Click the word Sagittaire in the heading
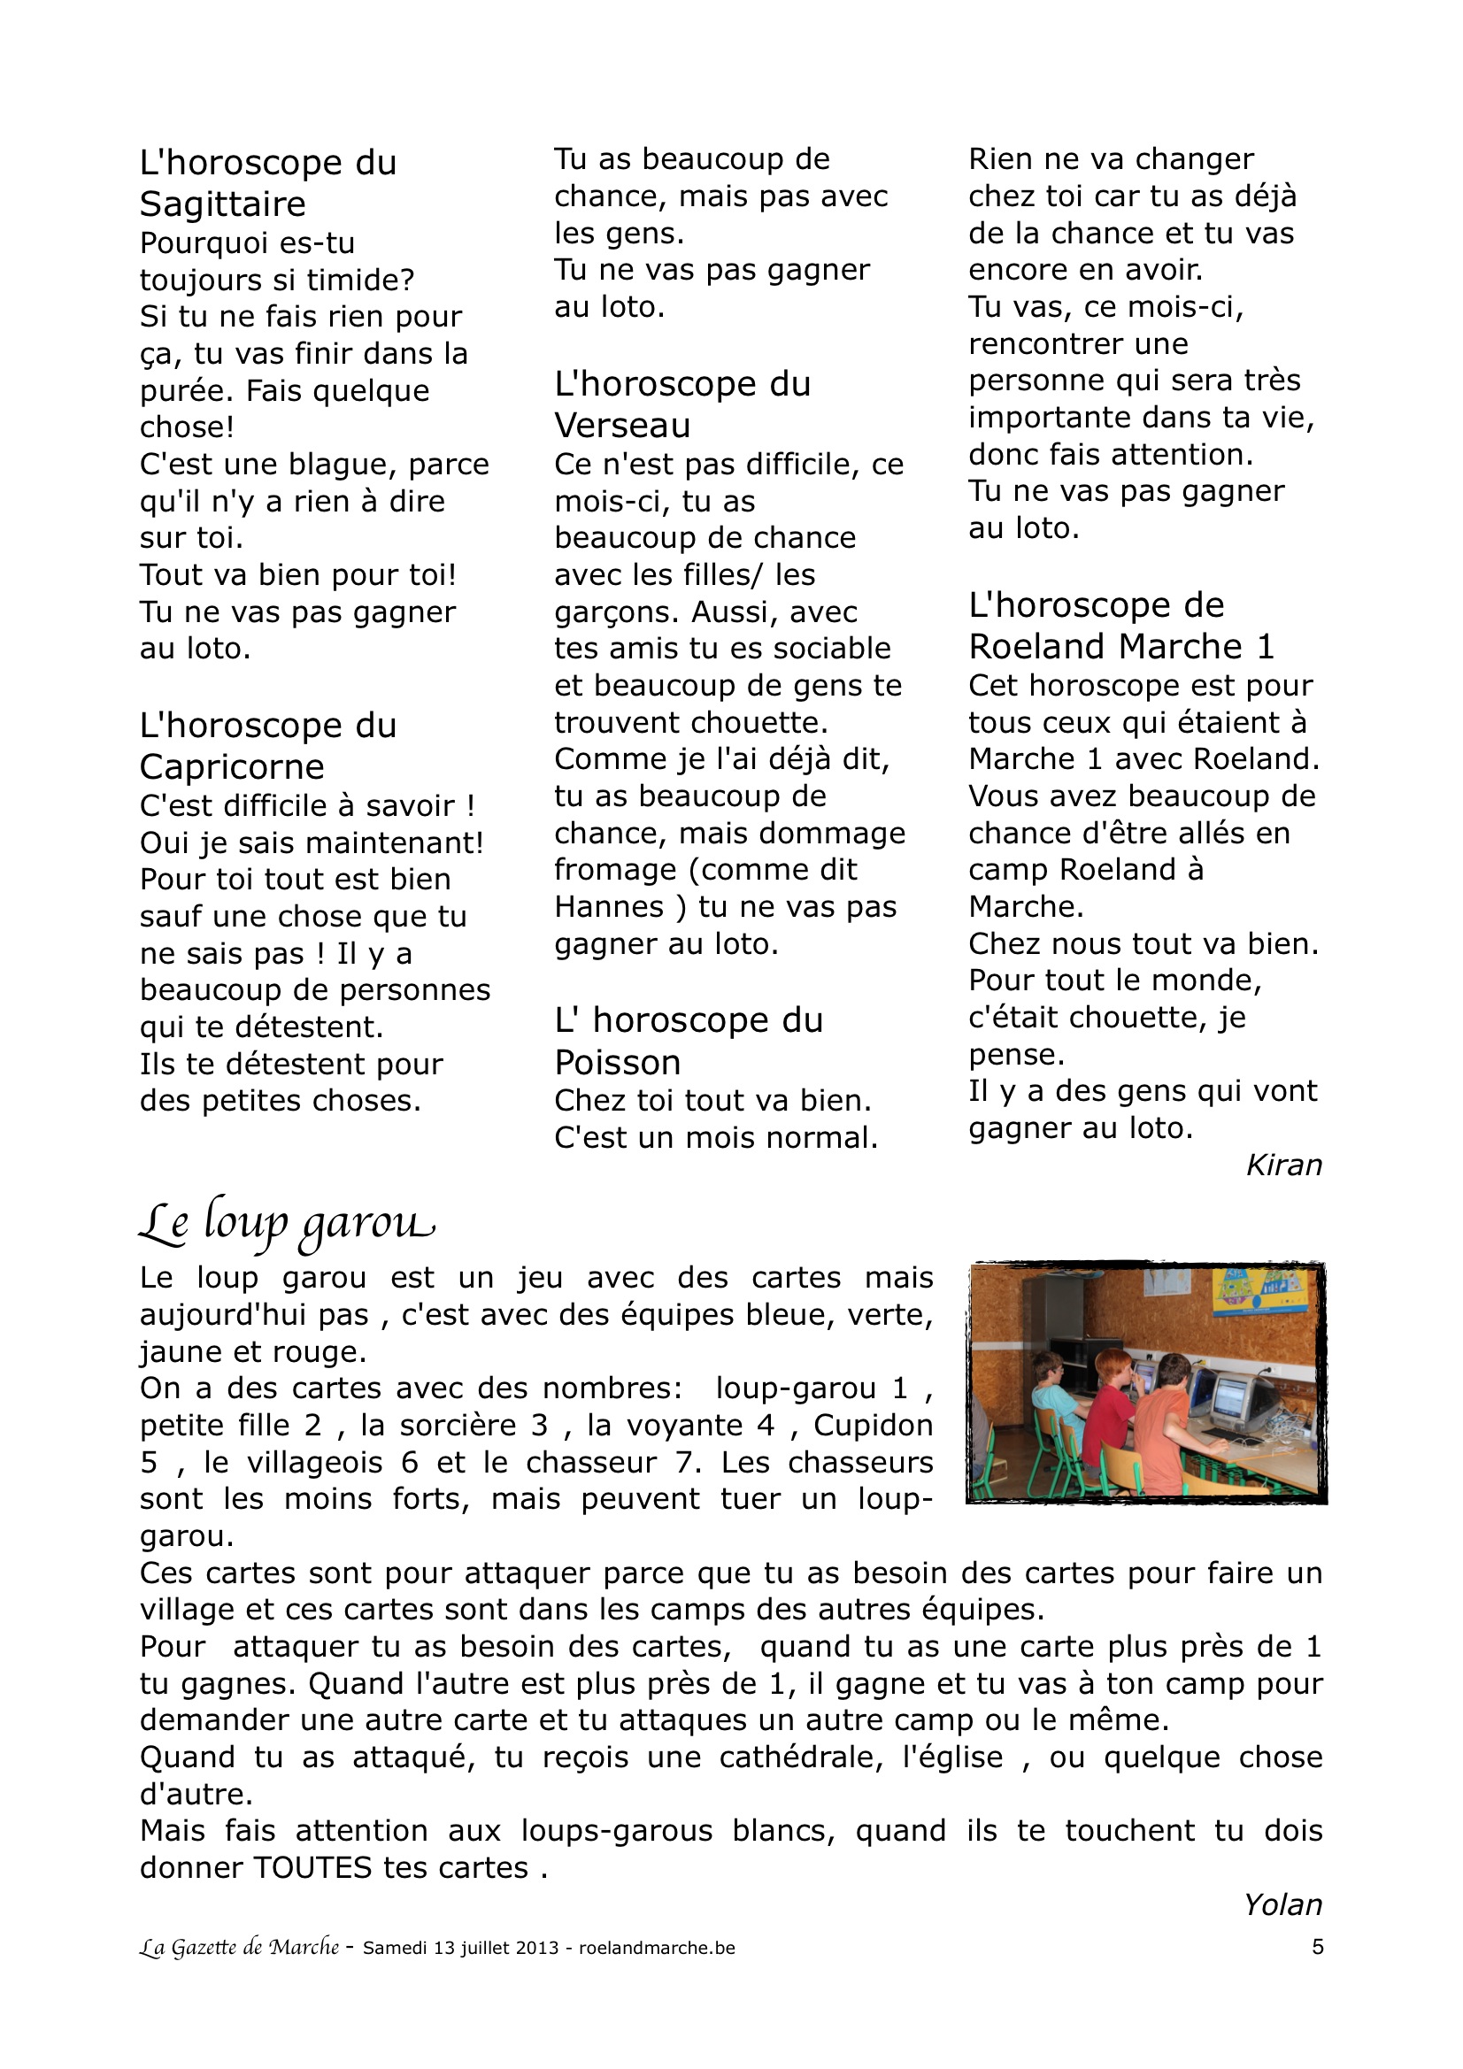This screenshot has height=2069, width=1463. pyautogui.click(x=222, y=204)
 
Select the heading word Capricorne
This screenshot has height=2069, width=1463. pyautogui.click(x=232, y=767)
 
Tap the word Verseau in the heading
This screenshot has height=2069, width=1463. pyautogui.click(x=622, y=426)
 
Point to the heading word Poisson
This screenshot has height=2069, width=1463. pyautogui.click(x=617, y=1064)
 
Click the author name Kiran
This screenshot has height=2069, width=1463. pyautogui.click(x=1282, y=1165)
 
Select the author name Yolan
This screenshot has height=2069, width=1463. pyautogui.click(x=1282, y=1905)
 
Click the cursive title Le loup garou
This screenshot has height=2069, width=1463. pyautogui.click(x=286, y=1224)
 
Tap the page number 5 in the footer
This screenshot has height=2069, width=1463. pyautogui.click(x=1317, y=1948)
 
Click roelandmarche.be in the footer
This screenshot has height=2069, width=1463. pyautogui.click(x=656, y=1949)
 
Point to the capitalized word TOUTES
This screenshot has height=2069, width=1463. pyautogui.click(x=312, y=1868)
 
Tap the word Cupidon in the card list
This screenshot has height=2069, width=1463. pyautogui.click(x=873, y=1426)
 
